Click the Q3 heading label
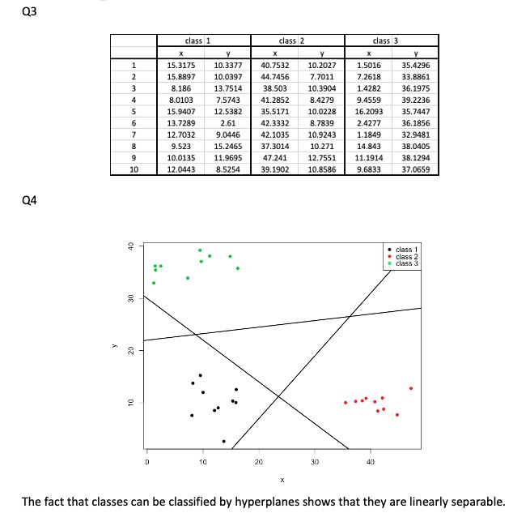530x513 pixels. click(12, 12)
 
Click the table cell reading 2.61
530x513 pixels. click(227, 123)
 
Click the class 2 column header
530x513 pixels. click(290, 41)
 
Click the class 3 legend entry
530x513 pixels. click(408, 263)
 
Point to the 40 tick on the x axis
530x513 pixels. click(370, 461)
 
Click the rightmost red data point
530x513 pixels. click(411, 388)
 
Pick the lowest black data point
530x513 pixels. click(224, 441)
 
